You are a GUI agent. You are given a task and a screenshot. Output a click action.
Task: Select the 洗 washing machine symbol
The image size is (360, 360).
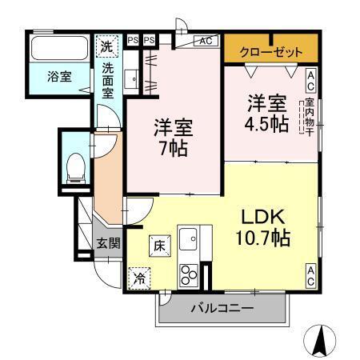pyautogui.click(x=106, y=46)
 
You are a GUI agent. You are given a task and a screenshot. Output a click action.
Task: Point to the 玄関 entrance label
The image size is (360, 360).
pyautogui.click(x=109, y=243)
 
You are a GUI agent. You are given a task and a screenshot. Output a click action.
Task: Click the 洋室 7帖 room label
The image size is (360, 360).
pyautogui.click(x=173, y=138)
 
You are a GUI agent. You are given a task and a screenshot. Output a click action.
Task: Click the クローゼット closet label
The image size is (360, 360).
pyautogui.click(x=272, y=51)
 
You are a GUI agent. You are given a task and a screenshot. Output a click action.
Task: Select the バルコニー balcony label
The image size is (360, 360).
pyautogui.click(x=222, y=308)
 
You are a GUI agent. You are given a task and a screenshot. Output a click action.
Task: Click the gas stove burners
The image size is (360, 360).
pyautogui.click(x=189, y=274)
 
